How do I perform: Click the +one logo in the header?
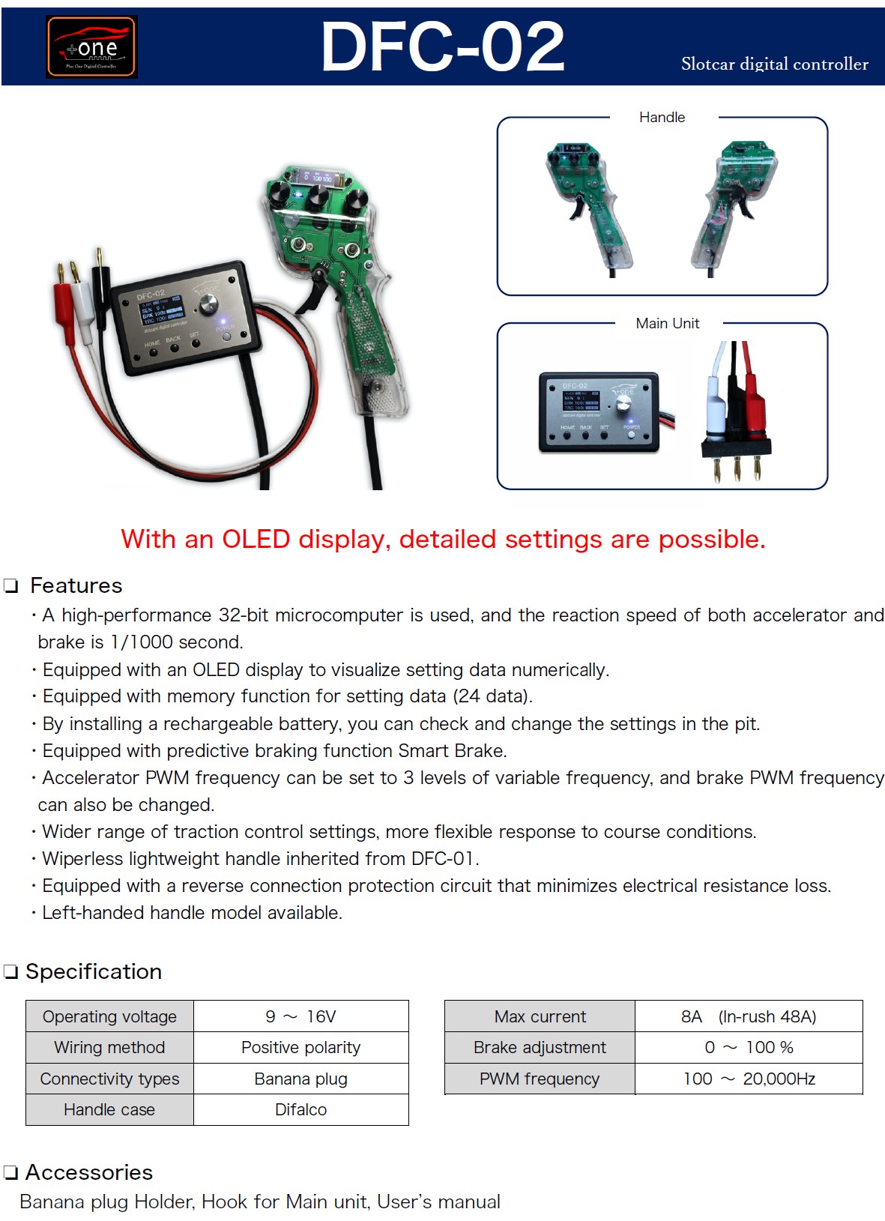point(91,46)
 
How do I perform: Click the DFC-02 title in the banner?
point(442,46)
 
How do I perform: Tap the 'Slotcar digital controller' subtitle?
point(774,64)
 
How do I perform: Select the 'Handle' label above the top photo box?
point(662,117)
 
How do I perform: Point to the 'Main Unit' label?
point(668,323)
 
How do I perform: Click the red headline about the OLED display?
point(443,539)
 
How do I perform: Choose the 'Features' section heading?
point(76,585)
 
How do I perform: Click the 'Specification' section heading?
point(94,971)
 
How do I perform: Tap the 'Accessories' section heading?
point(89,1172)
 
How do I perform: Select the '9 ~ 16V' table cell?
point(300,1016)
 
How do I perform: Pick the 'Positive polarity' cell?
point(300,1048)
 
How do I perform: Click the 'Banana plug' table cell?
point(300,1079)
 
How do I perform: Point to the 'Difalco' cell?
point(300,1110)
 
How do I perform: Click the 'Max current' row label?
point(540,1016)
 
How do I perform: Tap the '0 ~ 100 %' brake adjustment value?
point(749,1048)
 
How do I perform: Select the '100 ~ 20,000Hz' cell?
point(749,1079)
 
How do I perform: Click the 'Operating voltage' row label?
point(109,1016)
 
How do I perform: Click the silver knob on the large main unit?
point(208,304)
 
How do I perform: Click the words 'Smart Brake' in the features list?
point(453,750)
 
